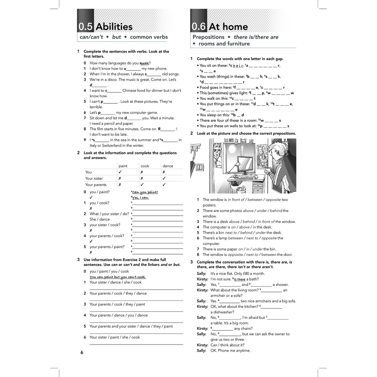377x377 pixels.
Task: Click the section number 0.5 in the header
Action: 85,27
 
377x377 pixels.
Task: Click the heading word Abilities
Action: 114,27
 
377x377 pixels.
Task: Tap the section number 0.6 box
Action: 199,27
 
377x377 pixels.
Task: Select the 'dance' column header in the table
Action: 168,166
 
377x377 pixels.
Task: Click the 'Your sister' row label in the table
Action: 94,179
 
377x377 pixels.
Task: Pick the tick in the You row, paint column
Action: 120,172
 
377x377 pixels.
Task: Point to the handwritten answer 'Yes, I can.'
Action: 141,198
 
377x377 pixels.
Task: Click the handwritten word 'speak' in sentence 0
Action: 144,63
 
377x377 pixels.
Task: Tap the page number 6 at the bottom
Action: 82,353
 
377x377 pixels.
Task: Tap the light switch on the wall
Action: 200,166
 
